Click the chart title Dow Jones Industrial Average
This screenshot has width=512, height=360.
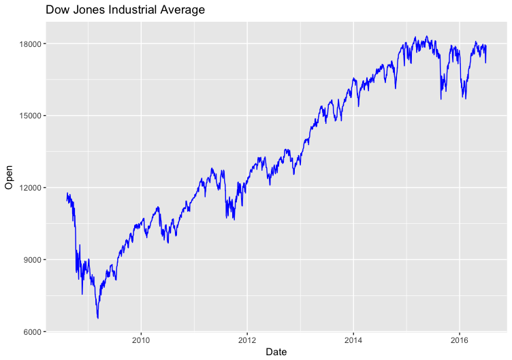125,10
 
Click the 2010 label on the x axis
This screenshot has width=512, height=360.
141,340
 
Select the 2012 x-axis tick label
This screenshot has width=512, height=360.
247,340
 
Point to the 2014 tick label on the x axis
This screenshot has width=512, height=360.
353,340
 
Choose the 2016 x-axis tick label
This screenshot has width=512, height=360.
460,340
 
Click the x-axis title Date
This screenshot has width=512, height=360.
276,352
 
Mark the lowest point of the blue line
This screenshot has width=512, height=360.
98,318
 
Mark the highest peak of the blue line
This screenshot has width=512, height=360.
426,37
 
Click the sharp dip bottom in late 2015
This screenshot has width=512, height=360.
441,99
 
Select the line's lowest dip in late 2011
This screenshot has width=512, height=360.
234,219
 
